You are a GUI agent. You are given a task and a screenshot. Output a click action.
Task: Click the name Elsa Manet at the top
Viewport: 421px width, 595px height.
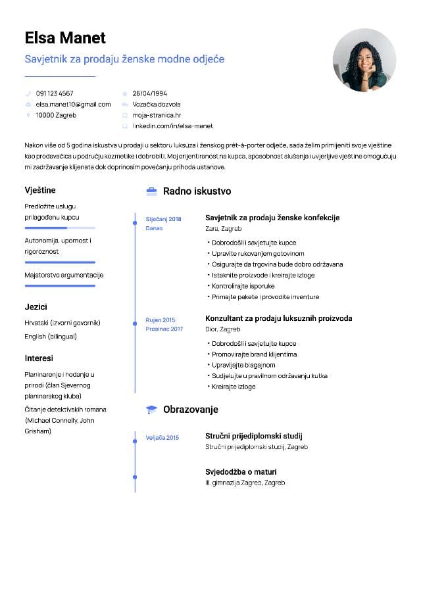(65, 37)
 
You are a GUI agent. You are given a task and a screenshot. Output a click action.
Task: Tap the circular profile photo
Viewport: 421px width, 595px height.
(364, 60)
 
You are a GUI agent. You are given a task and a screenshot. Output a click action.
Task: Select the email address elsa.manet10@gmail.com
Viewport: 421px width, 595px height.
(73, 104)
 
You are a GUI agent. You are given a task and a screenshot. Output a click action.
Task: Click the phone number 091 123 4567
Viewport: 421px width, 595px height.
(55, 93)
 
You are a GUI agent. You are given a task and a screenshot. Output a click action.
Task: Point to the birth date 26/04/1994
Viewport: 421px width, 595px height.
(149, 93)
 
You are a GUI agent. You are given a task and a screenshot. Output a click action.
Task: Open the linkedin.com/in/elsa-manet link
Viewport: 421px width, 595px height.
(172, 126)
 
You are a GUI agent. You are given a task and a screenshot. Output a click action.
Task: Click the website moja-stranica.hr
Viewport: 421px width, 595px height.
(157, 115)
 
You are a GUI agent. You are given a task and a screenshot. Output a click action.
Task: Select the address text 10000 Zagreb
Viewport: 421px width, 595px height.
(56, 115)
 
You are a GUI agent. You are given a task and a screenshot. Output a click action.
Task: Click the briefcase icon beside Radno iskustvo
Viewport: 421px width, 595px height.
(151, 191)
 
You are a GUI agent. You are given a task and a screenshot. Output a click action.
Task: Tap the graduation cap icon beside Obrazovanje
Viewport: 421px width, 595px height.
(151, 410)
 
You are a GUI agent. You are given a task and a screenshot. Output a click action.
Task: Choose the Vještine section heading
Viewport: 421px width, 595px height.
(40, 190)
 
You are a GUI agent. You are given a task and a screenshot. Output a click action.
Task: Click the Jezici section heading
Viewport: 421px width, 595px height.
(36, 307)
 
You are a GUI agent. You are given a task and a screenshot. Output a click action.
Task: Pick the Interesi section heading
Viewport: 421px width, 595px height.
(39, 358)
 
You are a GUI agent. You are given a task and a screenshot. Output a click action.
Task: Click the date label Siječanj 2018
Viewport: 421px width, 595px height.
(163, 218)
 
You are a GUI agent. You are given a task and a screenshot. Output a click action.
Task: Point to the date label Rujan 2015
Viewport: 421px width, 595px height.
(161, 320)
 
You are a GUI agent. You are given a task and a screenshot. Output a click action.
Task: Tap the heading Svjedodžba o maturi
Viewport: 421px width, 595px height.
(241, 471)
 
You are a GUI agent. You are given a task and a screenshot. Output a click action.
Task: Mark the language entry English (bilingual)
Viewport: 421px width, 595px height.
(51, 337)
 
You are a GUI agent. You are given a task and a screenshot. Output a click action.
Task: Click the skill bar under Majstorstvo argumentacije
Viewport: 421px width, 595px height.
(60, 286)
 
